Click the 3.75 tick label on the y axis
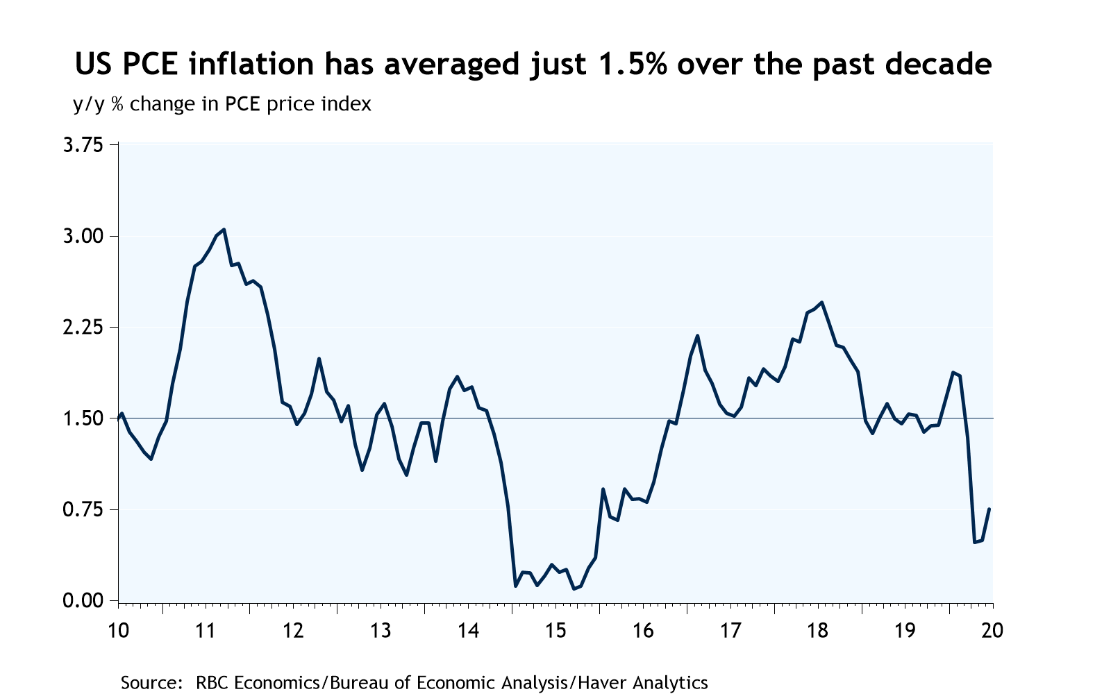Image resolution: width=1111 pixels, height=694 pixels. click(x=82, y=146)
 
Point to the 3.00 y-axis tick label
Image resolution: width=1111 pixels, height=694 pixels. click(x=82, y=237)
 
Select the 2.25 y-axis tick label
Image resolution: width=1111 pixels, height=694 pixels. click(x=82, y=328)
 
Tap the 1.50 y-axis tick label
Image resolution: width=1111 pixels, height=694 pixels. click(x=82, y=418)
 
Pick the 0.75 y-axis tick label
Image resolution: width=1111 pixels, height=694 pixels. click(x=82, y=510)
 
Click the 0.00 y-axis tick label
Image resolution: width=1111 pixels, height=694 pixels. click(x=82, y=601)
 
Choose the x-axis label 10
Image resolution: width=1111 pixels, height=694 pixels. click(x=119, y=632)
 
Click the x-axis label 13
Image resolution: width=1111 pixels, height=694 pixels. click(x=380, y=632)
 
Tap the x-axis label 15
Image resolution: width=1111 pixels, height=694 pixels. click(x=555, y=632)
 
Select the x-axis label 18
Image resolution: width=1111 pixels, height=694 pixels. click(x=817, y=632)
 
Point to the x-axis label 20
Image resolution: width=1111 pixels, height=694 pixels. click(x=992, y=632)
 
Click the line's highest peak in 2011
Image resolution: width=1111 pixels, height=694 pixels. click(x=224, y=229)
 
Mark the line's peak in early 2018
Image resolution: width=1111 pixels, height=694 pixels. click(x=821, y=302)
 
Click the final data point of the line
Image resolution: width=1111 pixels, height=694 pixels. click(x=989, y=509)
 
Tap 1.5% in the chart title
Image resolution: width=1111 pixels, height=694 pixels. click(x=630, y=64)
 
